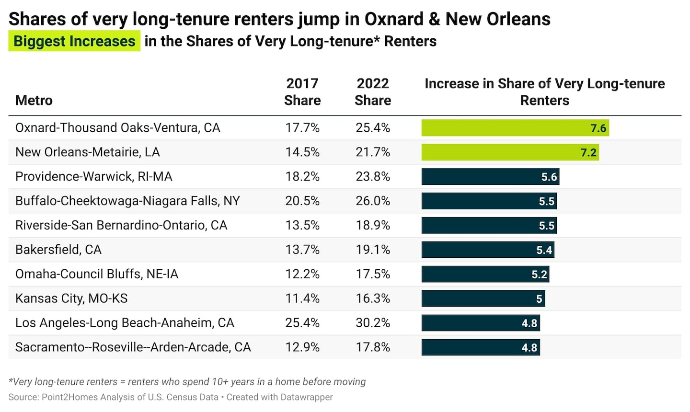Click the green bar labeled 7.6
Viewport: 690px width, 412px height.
(515, 128)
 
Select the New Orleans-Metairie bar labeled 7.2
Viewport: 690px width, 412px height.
(510, 152)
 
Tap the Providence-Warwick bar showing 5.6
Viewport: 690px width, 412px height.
(490, 177)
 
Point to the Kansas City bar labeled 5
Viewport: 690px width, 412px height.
(483, 298)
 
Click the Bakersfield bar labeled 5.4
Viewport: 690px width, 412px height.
(488, 250)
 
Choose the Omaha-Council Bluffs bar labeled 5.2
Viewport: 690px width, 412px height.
(485, 274)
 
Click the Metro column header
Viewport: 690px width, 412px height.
(34, 100)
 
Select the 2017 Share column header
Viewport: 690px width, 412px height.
(302, 92)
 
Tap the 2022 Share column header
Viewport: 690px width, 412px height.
(373, 92)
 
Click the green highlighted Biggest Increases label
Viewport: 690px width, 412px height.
(74, 41)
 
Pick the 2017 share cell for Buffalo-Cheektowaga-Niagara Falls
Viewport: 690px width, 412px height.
(302, 201)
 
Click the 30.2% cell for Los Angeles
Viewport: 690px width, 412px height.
(373, 322)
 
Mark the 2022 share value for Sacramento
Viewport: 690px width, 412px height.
(373, 347)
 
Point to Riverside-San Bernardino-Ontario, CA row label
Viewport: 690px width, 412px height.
(121, 225)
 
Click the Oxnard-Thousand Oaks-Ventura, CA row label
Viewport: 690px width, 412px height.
(118, 128)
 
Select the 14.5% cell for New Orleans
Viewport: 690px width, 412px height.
(302, 152)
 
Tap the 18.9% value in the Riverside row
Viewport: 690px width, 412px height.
(373, 225)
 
